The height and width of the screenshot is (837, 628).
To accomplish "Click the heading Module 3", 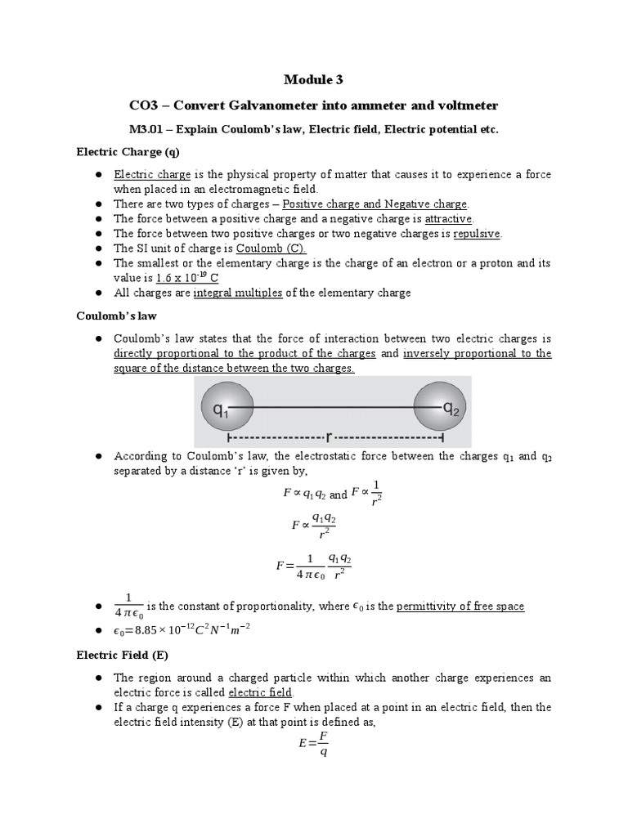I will tap(313, 79).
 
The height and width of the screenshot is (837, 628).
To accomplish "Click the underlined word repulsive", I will tap(477, 234).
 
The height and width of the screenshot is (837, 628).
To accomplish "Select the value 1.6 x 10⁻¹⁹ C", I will tap(182, 278).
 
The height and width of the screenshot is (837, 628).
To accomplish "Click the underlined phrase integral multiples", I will tap(238, 293).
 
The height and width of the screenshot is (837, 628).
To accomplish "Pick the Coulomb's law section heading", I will tap(114, 316).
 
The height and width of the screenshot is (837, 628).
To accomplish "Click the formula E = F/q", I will tap(313, 743).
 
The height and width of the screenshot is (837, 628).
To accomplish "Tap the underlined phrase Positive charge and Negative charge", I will tap(375, 204).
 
